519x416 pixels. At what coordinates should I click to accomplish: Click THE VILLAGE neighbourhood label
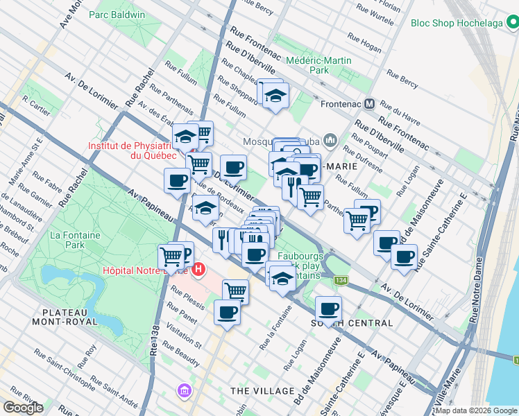262,391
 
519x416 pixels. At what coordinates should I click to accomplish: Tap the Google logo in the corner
23,408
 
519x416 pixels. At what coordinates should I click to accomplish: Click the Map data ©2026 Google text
476,410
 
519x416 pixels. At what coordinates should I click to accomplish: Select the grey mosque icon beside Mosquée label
329,141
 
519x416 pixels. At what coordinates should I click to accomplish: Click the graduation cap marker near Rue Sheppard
275,94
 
